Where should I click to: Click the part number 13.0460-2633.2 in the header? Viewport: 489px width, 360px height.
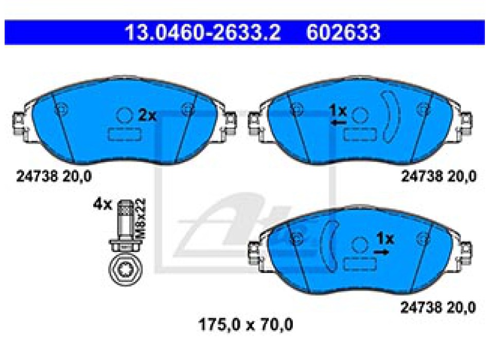203,32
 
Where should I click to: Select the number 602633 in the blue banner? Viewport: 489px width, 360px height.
343,32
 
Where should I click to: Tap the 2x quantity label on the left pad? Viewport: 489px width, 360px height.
147,116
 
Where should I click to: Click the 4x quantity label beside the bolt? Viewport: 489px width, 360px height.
102,205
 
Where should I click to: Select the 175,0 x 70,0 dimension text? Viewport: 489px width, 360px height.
246,325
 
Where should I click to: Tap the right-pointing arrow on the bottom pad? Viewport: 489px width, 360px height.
381,251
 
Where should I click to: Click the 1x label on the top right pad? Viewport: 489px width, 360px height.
338,111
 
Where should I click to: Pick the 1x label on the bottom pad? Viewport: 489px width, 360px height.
385,239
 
